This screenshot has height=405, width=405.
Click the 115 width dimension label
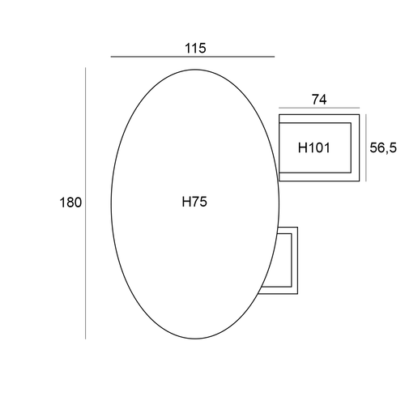click(x=195, y=49)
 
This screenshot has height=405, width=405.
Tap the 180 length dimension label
click(x=70, y=202)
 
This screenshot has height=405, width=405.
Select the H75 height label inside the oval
click(x=194, y=202)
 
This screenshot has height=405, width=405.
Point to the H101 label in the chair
click(x=314, y=147)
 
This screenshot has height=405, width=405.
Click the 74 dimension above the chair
click(x=319, y=100)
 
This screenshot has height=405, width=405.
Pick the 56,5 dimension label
click(x=383, y=147)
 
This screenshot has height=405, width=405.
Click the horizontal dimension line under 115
click(x=193, y=57)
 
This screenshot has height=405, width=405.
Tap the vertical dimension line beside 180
click(x=86, y=203)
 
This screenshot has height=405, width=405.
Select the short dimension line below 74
click(x=319, y=108)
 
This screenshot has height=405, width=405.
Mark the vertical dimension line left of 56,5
click(x=366, y=147)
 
